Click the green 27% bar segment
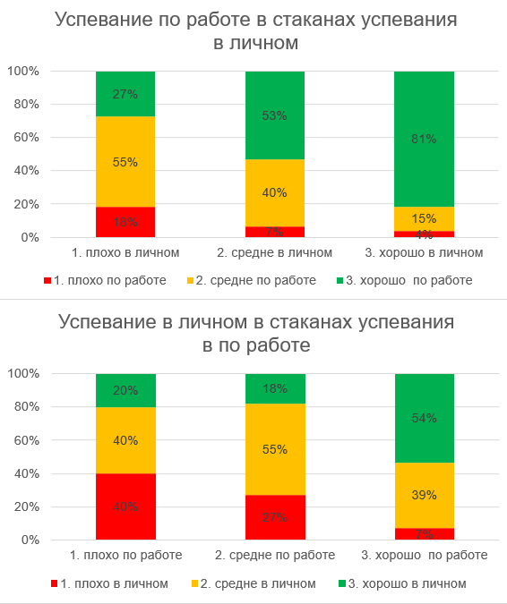pyautogui.click(x=125, y=94)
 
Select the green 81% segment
pyautogui.click(x=424, y=139)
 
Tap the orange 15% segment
pyautogui.click(x=424, y=218)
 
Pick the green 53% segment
pyautogui.click(x=275, y=115)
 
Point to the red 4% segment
pyautogui.click(x=424, y=234)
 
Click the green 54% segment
pyautogui.click(x=424, y=418)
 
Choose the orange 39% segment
pyautogui.click(x=424, y=495)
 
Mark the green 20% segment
pyautogui.click(x=125, y=390)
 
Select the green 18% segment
pyautogui.click(x=275, y=388)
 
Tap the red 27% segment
pyautogui.click(x=275, y=517)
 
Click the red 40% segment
pyautogui.click(x=125, y=506)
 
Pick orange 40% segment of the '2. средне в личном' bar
pyautogui.click(x=275, y=192)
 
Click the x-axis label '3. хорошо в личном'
pyautogui.click(x=424, y=253)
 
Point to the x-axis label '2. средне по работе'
pyautogui.click(x=275, y=556)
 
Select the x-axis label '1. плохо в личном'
pyautogui.click(x=125, y=253)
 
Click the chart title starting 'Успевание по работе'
pyautogui.click(x=253, y=31)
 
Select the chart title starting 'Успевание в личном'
pyautogui.click(x=253, y=333)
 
